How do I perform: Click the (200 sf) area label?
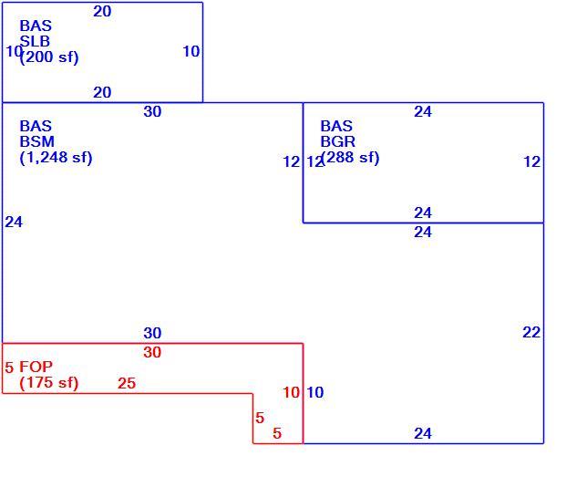(49, 57)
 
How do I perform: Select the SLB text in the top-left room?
(35, 41)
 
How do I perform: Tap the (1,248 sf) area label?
(56, 158)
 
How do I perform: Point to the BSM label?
(37, 141)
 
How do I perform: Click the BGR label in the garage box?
(337, 141)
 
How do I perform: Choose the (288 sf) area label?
(351, 158)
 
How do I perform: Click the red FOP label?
(36, 367)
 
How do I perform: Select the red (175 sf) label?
(49, 383)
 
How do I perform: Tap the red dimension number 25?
(127, 383)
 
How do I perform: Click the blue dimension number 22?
(531, 332)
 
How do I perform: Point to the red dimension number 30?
(152, 352)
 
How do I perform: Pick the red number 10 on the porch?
(292, 392)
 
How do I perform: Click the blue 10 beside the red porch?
(315, 392)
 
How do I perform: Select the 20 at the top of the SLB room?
(102, 12)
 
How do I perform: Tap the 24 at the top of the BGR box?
(423, 111)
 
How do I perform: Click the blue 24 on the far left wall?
(14, 223)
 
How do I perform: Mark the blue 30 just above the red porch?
(152, 333)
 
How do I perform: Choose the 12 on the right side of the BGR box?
(532, 161)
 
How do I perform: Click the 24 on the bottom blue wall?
(423, 433)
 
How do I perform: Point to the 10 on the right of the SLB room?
(191, 51)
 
